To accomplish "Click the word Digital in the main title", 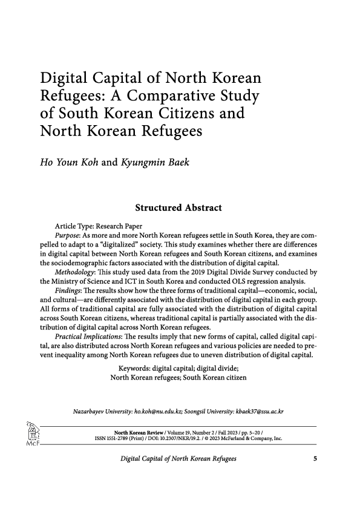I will point(64,79).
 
